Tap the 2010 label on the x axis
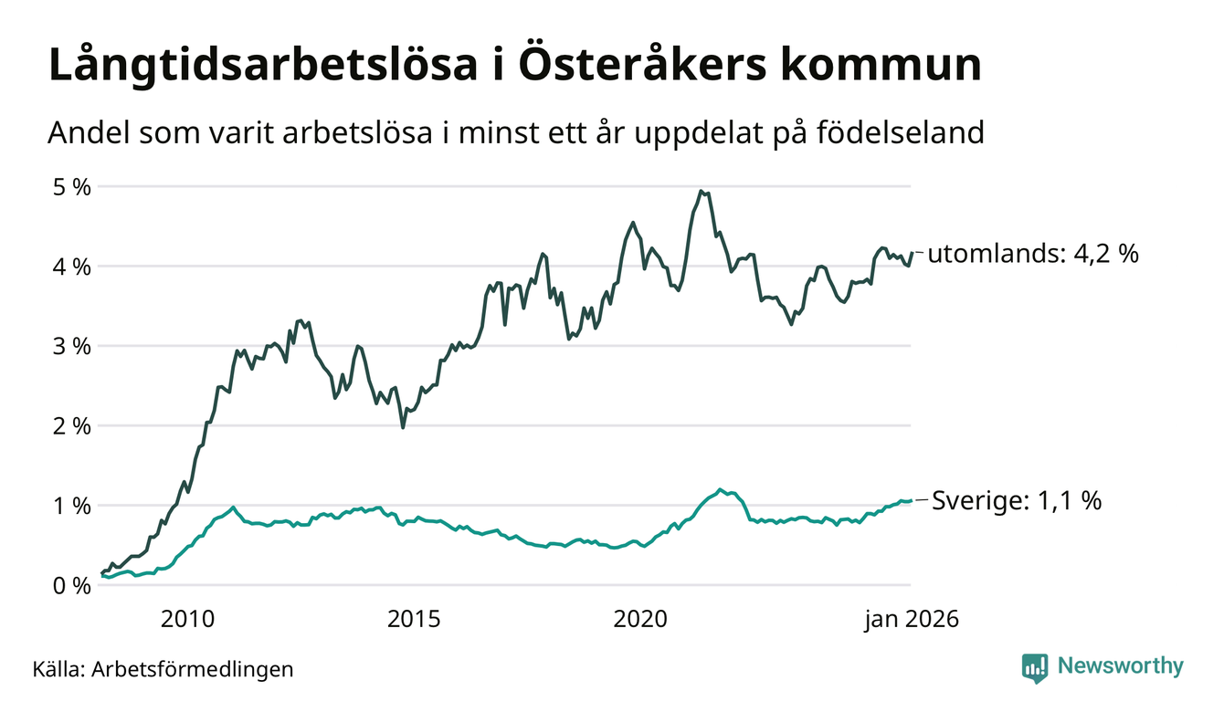(188, 620)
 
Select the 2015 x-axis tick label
(416, 620)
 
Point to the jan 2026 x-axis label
(912, 620)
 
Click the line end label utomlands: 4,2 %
(1033, 254)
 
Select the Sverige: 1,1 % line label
(1017, 500)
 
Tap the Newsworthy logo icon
(1035, 667)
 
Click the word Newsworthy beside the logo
(1120, 666)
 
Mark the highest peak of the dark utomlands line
(701, 191)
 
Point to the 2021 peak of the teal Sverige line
(721, 489)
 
